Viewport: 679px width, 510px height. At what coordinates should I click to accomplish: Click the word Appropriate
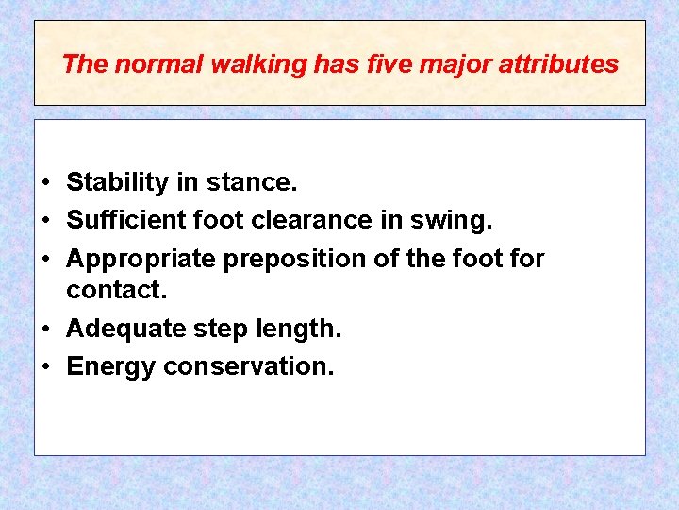point(138,258)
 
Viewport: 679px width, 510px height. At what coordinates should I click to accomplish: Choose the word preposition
point(291,258)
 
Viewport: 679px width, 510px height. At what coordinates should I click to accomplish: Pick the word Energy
point(110,366)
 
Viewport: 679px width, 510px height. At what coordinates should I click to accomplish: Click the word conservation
point(248,366)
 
